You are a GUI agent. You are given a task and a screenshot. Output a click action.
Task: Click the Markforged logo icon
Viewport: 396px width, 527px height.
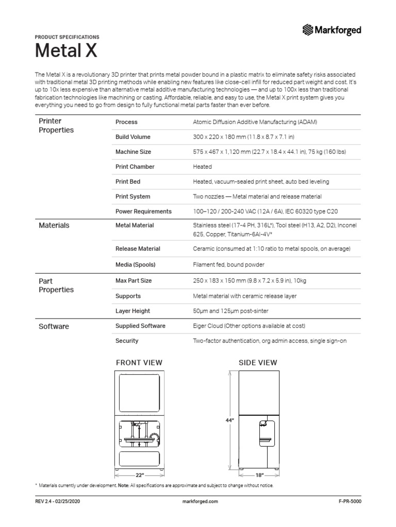308,30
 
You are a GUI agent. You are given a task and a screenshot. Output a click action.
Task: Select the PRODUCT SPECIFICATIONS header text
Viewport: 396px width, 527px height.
67,37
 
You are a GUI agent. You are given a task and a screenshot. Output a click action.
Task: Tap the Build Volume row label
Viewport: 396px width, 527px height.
133,137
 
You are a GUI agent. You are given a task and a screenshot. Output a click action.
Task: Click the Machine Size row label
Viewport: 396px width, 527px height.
134,152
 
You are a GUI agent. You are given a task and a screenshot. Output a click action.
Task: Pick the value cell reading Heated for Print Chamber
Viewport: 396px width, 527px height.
202,167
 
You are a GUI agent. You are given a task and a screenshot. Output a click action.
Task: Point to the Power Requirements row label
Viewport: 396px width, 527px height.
143,212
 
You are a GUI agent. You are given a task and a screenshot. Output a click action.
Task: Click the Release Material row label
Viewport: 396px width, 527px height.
138,249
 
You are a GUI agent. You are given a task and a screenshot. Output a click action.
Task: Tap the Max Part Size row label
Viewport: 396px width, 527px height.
134,281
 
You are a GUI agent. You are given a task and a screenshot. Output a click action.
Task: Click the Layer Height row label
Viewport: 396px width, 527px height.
133,311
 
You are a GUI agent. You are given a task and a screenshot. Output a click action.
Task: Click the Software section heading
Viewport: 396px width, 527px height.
54,326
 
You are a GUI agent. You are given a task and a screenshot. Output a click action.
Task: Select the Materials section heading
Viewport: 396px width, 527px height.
54,225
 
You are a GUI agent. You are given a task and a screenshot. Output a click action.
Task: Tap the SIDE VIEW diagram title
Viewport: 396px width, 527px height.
258,362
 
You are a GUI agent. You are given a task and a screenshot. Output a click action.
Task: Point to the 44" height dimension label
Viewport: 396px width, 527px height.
230,420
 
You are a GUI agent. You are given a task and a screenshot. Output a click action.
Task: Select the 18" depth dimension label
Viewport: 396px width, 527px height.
259,475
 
